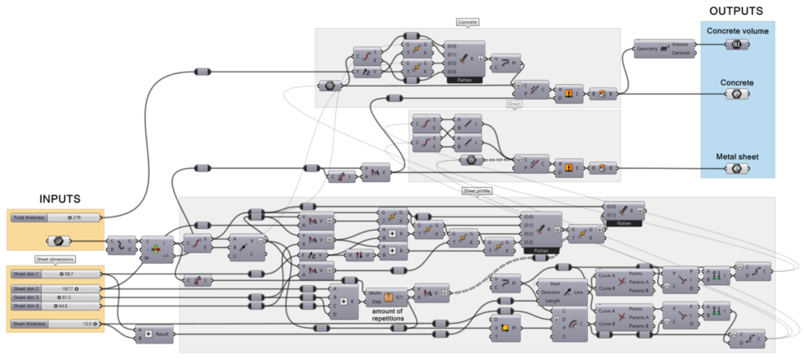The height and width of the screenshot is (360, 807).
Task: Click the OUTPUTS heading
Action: [x=736, y=11]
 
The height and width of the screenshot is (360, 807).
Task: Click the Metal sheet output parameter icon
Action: [x=738, y=168]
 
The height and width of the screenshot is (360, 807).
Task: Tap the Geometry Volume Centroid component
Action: [x=666, y=49]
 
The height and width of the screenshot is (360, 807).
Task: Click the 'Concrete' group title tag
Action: [x=467, y=22]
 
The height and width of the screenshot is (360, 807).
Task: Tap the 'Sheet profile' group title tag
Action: [x=477, y=191]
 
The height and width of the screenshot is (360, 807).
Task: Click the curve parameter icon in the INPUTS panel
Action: [x=57, y=241]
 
